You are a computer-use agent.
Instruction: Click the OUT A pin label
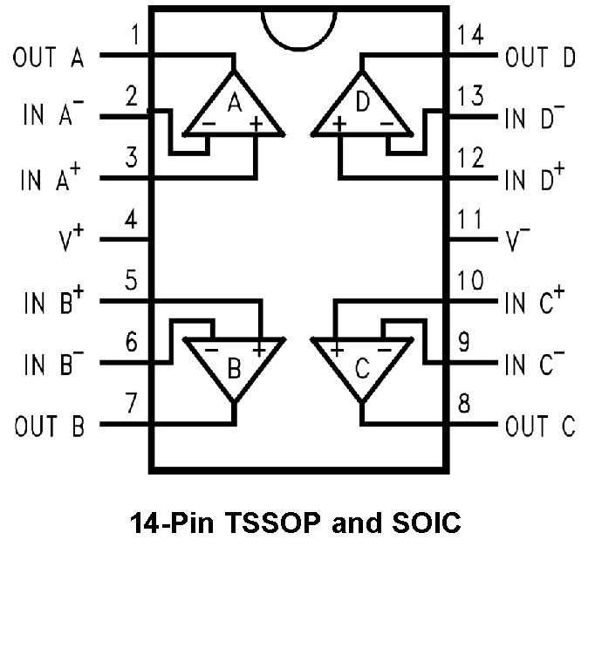(49, 58)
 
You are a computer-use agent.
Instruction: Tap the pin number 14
(471, 36)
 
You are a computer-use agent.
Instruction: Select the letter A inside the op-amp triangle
(234, 104)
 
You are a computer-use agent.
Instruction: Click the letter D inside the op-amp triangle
(363, 104)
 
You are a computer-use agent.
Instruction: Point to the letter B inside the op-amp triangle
(234, 368)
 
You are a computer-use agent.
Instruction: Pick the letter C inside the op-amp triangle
(363, 368)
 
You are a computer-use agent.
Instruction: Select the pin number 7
(132, 404)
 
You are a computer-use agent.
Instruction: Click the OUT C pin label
(541, 427)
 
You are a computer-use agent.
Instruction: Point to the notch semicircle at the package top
(297, 26)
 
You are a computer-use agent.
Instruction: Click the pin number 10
(471, 282)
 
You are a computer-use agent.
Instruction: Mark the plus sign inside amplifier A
(256, 125)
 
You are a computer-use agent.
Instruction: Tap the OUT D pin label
(541, 58)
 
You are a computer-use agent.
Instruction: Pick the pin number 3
(132, 158)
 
